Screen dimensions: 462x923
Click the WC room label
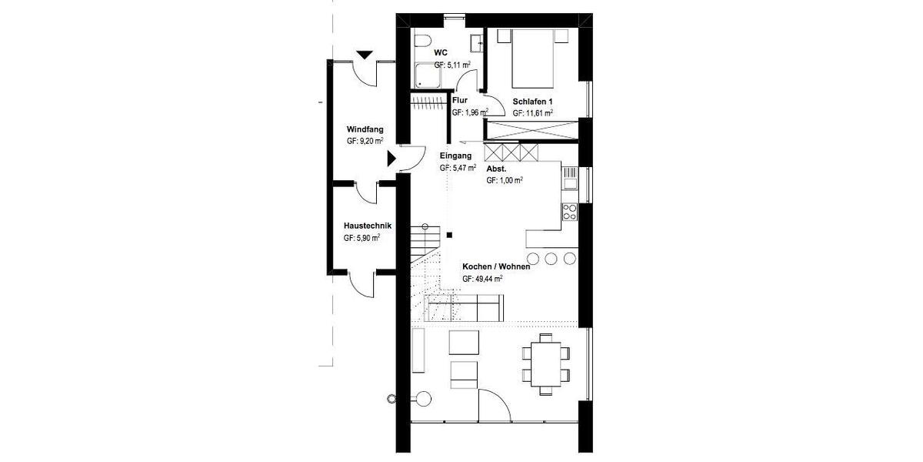pos(440,52)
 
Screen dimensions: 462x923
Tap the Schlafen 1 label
pos(533,102)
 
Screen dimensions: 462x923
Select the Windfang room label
pos(365,129)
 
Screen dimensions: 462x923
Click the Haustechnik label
pos(368,226)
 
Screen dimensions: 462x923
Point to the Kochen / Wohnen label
pos(496,267)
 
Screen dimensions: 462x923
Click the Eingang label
pos(455,155)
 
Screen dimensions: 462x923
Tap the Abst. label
pos(496,168)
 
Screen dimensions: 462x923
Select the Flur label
pos(460,100)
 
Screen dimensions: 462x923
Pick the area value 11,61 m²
pos(533,114)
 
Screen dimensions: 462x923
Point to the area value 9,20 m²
pos(365,142)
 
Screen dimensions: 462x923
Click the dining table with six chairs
pos(546,363)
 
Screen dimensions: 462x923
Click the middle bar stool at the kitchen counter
pos(551,258)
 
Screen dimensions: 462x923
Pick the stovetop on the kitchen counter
pos(571,212)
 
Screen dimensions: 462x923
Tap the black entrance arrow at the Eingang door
pos(391,159)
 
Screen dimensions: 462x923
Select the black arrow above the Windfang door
pos(365,55)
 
